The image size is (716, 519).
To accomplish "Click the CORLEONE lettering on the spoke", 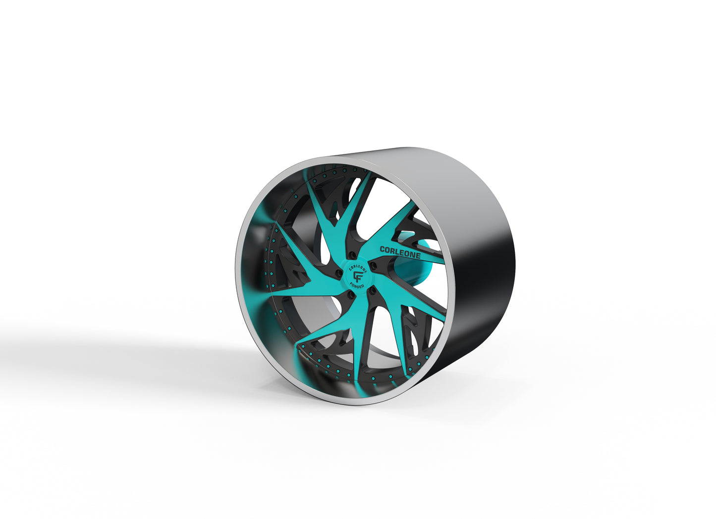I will tap(400, 252).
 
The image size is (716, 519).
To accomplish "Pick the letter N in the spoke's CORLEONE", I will tap(412, 255).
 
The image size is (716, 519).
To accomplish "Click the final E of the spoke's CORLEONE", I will tap(418, 256).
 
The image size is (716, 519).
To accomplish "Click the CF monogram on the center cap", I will tap(357, 276).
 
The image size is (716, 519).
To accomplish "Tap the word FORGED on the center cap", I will tap(357, 286).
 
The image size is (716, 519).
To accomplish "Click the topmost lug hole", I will tap(353, 254).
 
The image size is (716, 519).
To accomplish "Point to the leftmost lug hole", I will tap(338, 272).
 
